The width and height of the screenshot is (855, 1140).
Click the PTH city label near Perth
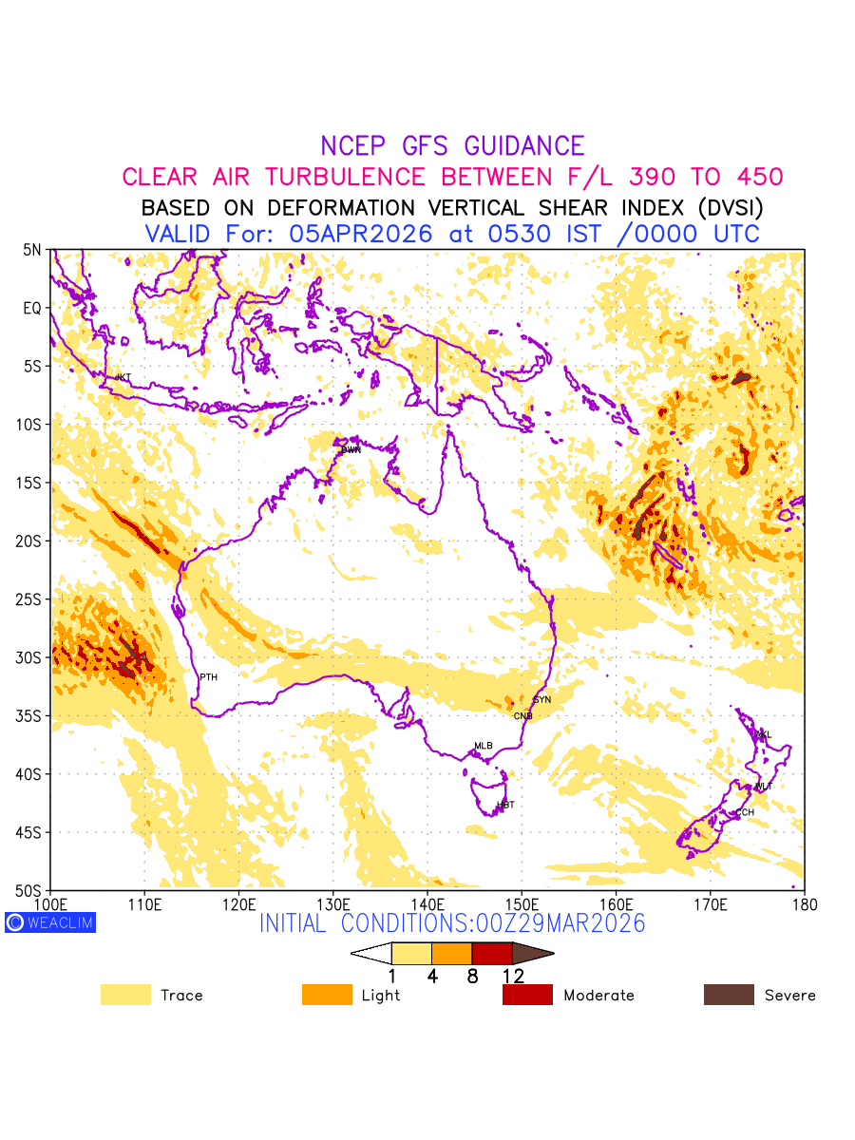point(208,677)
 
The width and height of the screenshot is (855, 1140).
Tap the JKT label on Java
point(123,378)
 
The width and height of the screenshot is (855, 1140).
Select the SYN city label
point(542,700)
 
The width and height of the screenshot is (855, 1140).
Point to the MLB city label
point(484,746)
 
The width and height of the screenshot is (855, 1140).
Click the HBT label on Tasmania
point(505,806)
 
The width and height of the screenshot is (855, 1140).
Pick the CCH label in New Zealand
point(745,813)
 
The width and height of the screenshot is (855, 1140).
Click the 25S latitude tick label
point(32,599)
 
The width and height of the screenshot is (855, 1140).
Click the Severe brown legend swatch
point(729,995)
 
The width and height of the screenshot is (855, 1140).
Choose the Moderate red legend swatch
point(527,995)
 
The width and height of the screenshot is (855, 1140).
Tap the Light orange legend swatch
point(327,995)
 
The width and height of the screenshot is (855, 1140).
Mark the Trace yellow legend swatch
point(125,995)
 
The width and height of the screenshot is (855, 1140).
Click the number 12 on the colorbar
point(513,976)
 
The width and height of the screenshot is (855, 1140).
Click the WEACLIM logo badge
point(50,922)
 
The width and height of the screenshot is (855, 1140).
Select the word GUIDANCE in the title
point(524,146)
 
